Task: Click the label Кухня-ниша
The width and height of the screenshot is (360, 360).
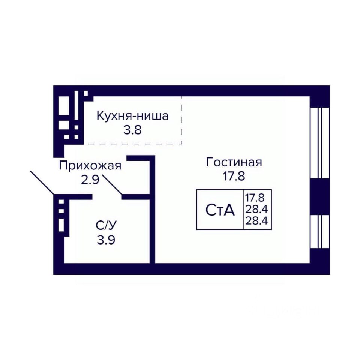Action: [x=132, y=116]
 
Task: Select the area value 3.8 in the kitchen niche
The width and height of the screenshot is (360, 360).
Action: [x=132, y=130]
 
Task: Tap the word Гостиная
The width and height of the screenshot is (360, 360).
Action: [x=234, y=162]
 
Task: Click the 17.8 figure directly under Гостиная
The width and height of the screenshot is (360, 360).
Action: [x=234, y=176]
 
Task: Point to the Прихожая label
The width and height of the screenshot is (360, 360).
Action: [x=90, y=165]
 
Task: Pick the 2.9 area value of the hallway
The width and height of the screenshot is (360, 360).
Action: [x=90, y=180]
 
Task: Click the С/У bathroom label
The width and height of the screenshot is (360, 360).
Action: [x=106, y=226]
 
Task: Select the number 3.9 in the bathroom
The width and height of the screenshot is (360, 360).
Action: [x=106, y=240]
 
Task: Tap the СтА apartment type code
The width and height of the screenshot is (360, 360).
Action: [x=220, y=210]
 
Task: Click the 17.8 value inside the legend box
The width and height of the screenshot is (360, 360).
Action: [x=255, y=198]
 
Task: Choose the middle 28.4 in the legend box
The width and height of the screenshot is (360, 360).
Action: [x=256, y=209]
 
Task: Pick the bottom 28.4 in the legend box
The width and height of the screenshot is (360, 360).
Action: [x=256, y=221]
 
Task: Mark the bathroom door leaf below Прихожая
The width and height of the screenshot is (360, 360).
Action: [x=112, y=184]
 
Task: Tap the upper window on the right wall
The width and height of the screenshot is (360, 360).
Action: [x=319, y=143]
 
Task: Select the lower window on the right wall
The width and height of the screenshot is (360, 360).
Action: [x=319, y=232]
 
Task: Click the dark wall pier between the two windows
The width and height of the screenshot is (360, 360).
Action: [x=319, y=197]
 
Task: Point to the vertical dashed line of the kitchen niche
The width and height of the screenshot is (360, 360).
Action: [x=181, y=120]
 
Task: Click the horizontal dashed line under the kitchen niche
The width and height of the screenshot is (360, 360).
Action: [x=132, y=144]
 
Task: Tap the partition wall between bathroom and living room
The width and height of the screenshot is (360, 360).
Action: [x=153, y=209]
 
